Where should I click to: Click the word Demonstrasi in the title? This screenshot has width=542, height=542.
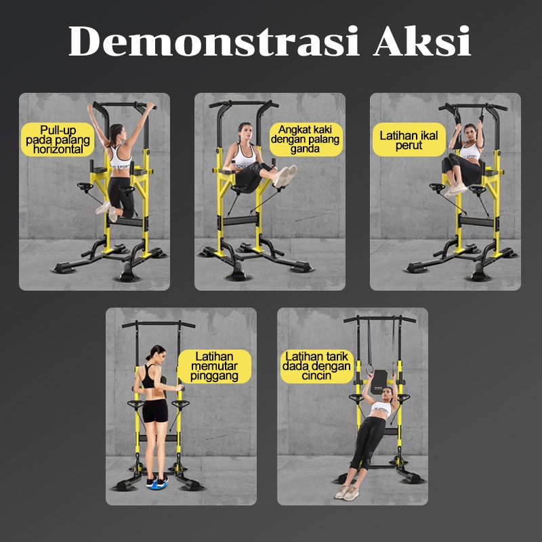click(x=214, y=41)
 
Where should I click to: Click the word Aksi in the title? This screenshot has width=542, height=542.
click(x=422, y=41)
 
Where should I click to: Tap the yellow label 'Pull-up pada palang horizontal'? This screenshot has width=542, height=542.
click(x=58, y=140)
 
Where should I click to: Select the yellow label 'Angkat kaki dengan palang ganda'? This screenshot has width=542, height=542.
click(x=306, y=140)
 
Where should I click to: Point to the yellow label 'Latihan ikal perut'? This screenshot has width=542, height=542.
click(x=409, y=140)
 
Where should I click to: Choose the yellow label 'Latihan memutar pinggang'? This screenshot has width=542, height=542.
click(x=214, y=367)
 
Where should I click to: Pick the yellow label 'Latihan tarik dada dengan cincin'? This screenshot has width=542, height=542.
click(x=316, y=367)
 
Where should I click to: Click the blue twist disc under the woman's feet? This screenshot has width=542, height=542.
click(x=157, y=482)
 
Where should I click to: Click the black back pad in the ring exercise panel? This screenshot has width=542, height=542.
click(x=379, y=381)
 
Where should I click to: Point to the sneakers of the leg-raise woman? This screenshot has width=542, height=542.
click(x=285, y=176)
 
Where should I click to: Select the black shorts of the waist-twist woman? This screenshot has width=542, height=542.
click(x=155, y=411)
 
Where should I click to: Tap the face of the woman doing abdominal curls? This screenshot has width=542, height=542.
click(x=470, y=132)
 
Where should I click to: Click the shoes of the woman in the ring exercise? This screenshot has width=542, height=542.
click(x=347, y=493)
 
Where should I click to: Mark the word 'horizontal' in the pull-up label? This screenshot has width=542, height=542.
click(x=58, y=149)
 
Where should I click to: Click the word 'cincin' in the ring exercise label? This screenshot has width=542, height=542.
click(x=316, y=376)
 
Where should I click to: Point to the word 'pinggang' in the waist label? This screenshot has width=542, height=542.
click(x=214, y=376)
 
